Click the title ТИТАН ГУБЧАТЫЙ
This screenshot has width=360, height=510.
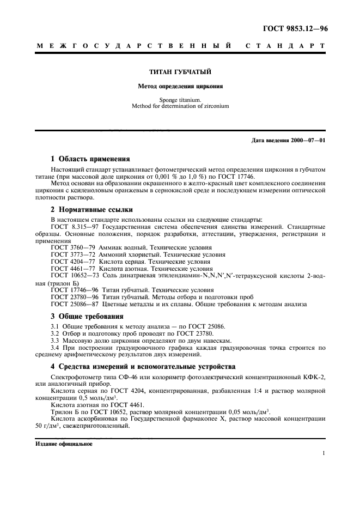(180, 72)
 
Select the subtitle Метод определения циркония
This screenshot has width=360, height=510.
(180, 86)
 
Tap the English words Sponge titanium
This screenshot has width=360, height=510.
(180, 100)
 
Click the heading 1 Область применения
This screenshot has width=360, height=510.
(90, 159)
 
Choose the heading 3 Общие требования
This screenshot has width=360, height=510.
(87, 316)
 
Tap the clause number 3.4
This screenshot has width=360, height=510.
(55, 347)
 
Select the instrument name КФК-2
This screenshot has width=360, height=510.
(314, 377)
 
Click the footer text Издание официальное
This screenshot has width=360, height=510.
(64, 444)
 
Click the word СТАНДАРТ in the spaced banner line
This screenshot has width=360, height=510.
(285, 47)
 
